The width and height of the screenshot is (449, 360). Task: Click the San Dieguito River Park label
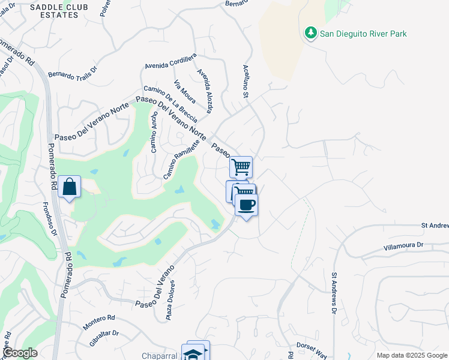click(363, 34)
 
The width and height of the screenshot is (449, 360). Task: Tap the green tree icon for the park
click(310, 32)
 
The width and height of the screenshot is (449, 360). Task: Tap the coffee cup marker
click(246, 205)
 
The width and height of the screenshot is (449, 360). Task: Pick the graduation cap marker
click(193, 353)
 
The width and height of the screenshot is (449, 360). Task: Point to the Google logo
click(19, 353)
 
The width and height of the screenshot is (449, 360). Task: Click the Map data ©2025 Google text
click(412, 355)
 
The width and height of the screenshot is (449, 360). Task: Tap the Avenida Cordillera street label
click(170, 61)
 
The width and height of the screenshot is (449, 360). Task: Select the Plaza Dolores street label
click(170, 300)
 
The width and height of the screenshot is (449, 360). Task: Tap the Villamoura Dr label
click(403, 245)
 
